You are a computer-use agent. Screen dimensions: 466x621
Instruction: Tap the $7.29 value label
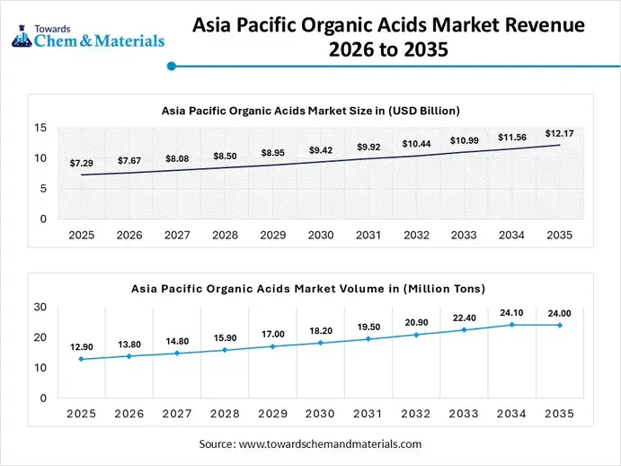[81, 164]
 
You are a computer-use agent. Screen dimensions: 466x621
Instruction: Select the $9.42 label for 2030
[320, 149]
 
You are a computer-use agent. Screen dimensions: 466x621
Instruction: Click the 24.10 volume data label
[511, 313]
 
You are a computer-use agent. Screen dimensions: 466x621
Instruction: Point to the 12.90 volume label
[81, 346]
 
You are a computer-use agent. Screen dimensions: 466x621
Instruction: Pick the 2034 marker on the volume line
[511, 325]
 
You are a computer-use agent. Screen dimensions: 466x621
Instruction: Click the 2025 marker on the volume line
[81, 359]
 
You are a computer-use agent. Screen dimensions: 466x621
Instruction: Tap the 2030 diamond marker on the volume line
[320, 343]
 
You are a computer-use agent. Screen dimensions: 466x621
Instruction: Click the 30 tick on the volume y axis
[40, 307]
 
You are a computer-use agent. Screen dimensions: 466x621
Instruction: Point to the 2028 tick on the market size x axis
[225, 235]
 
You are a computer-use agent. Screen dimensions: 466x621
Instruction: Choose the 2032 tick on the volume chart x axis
[416, 414]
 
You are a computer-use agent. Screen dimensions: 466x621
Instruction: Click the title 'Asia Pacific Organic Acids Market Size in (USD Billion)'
[310, 111]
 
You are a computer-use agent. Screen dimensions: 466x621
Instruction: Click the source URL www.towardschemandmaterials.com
[331, 444]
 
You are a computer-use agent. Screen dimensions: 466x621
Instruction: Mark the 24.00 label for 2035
[559, 314]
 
